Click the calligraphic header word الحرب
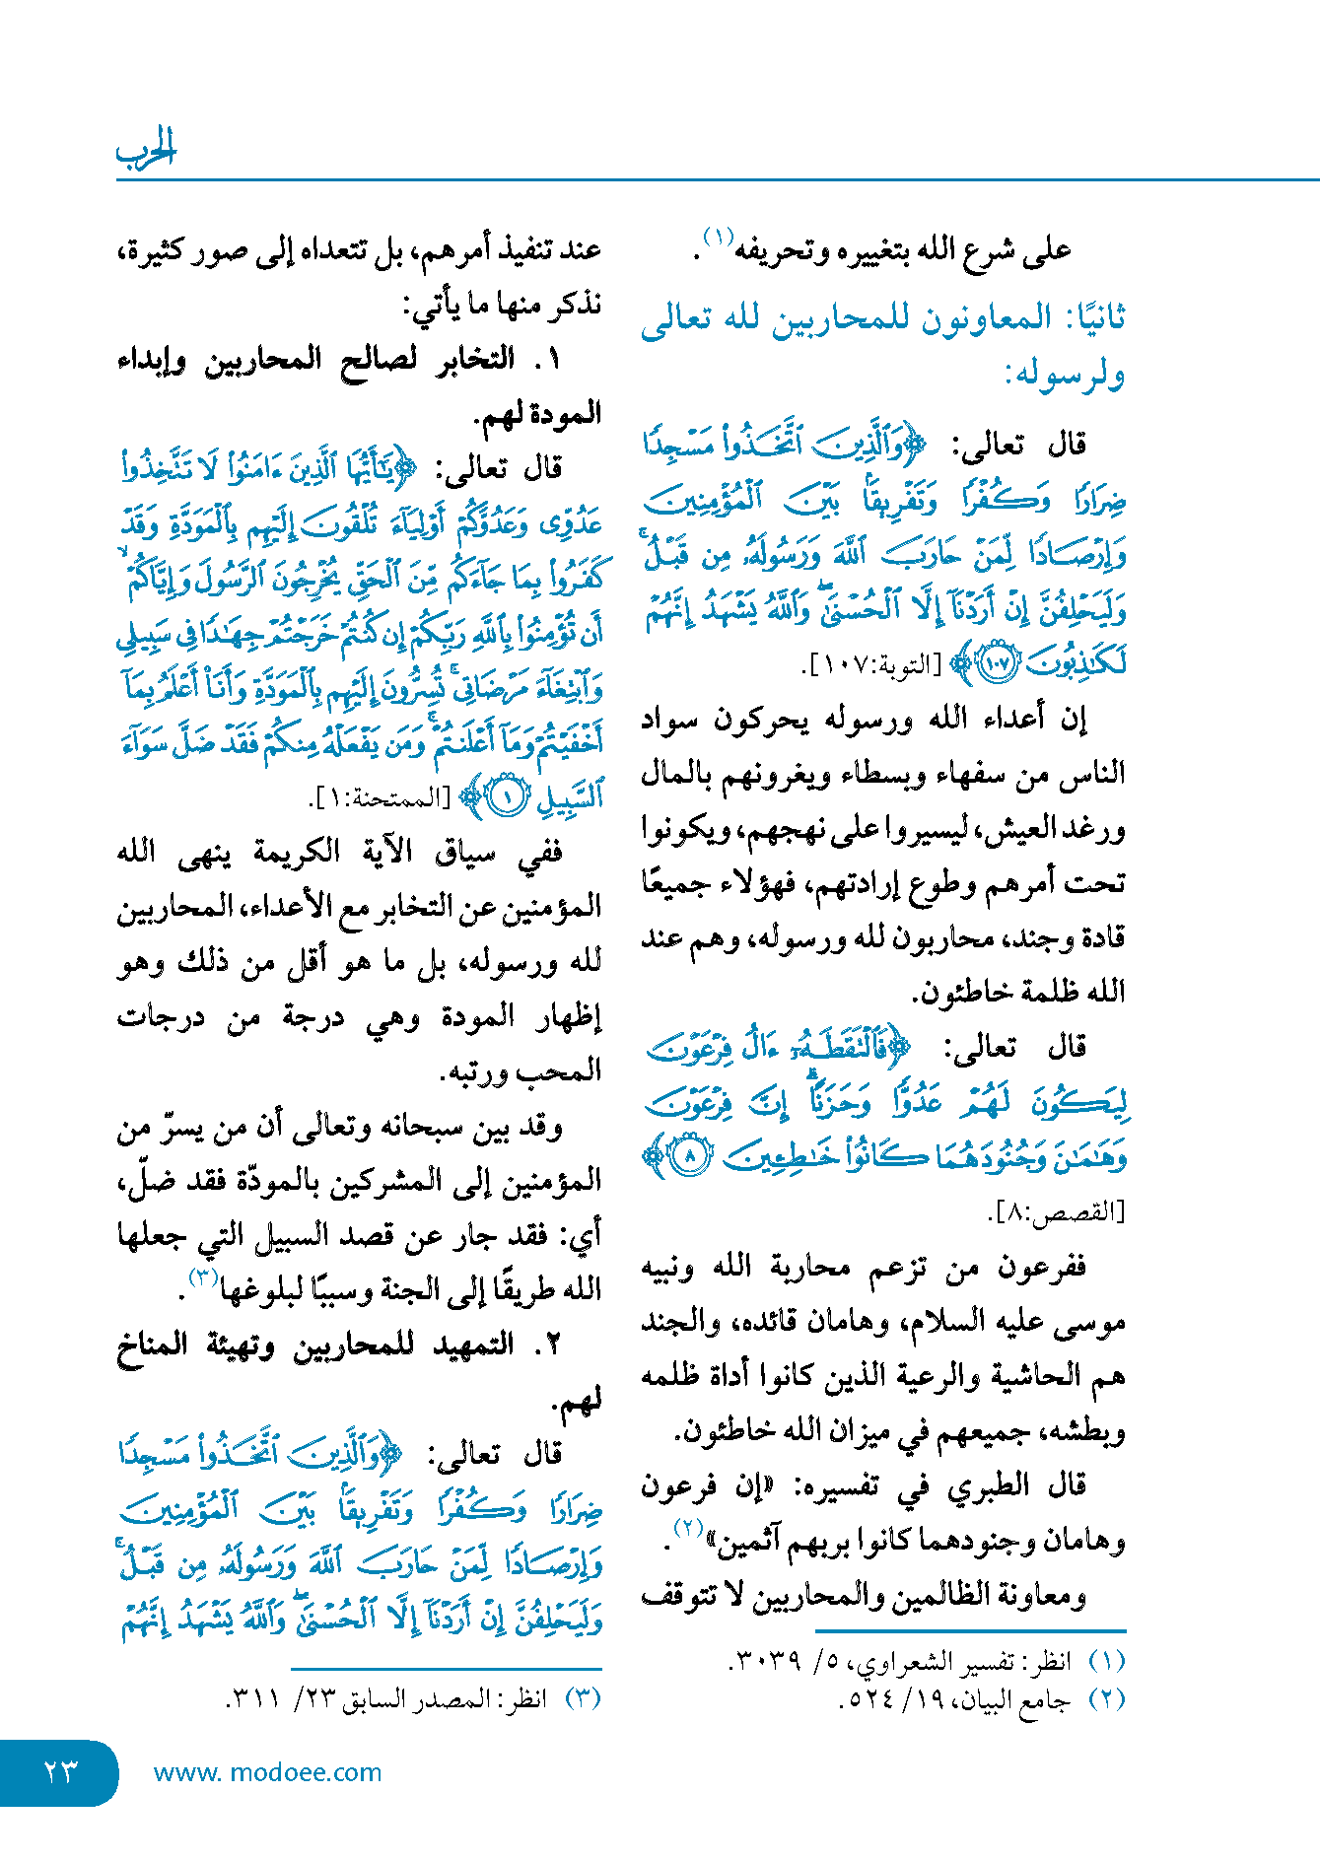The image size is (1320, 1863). tap(146, 149)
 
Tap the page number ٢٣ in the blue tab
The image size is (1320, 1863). tap(60, 1771)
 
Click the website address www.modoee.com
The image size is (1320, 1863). tap(267, 1772)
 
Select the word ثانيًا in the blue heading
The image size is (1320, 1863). tap(1087, 318)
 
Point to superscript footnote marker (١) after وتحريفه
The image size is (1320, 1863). tap(717, 238)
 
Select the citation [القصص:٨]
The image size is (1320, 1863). tap(1056, 1211)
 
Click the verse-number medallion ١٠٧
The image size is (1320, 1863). tap(997, 664)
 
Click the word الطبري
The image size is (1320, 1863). tap(992, 1484)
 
